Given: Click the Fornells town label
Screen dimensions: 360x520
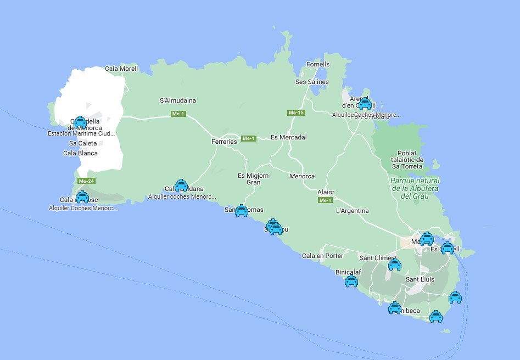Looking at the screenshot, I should pos(318,64).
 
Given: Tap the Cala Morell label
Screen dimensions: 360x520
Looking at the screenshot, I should pos(121,69).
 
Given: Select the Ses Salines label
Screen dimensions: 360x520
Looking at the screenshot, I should pos(312,82).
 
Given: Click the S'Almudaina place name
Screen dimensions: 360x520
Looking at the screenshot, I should pos(178,100).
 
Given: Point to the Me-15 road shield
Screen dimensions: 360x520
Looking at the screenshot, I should pos(295,113).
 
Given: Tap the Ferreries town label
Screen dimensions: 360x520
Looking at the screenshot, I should pos(224,142).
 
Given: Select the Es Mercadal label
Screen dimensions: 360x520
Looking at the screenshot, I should pos(289,137).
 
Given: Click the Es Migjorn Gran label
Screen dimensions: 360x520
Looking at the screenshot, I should pos(253,179).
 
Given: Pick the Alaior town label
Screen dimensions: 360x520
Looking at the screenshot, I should pos(326,192).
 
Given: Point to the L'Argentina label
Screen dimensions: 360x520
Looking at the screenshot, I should pos(352,211).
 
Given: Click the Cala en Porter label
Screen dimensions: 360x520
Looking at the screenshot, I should pos(322,256).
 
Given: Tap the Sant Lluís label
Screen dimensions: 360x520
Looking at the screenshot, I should pos(420,279).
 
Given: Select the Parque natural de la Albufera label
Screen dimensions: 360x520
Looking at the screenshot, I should pos(415,188).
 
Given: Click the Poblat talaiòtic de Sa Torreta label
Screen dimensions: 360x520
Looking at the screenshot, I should pos(407,160).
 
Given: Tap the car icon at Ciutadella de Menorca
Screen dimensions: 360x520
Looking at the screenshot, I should pos(80,122).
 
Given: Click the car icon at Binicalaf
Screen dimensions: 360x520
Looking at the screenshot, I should pos(351,281).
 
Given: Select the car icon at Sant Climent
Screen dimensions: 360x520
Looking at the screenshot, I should pos(395,265).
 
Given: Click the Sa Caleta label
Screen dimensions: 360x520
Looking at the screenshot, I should pos(83,143).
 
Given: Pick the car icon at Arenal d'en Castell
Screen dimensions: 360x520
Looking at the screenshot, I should pos(365,104).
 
